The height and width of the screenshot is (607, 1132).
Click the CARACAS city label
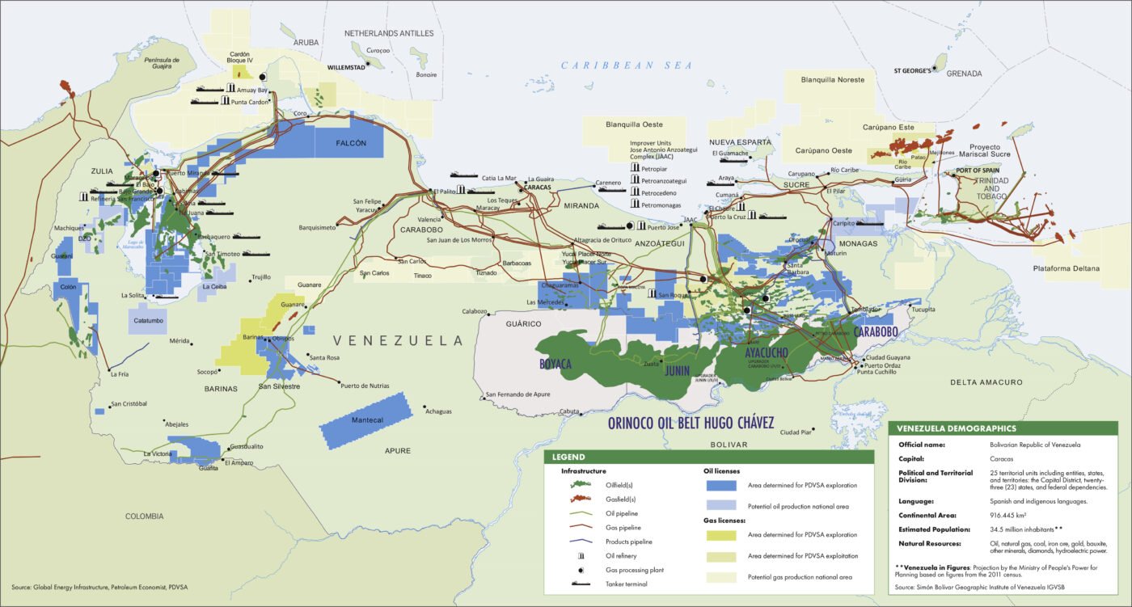point(537,187)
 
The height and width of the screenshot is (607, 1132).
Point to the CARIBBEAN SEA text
point(627,65)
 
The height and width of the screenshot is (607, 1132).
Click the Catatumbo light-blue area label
point(146,320)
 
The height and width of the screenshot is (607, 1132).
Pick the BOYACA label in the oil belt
point(555,365)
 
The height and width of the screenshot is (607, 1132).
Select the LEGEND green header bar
point(708,457)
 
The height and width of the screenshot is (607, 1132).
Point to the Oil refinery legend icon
point(581,555)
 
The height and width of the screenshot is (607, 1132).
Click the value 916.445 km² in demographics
point(1011,514)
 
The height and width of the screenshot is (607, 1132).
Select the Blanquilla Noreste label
point(833,80)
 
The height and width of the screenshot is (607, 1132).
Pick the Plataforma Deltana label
point(1067,268)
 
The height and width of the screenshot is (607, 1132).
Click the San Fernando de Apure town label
point(518,394)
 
